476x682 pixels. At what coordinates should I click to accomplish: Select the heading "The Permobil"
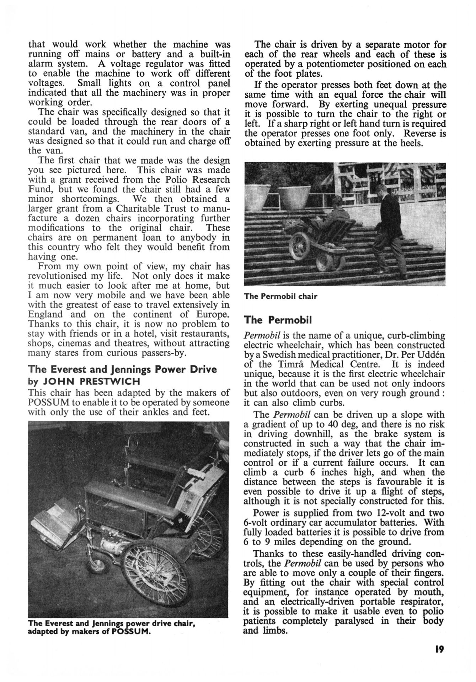point(278,320)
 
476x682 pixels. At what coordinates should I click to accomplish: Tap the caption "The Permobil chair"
point(280,296)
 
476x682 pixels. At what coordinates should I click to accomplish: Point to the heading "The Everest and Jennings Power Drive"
point(122,369)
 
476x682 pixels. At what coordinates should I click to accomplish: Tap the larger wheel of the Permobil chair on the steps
point(300,245)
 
